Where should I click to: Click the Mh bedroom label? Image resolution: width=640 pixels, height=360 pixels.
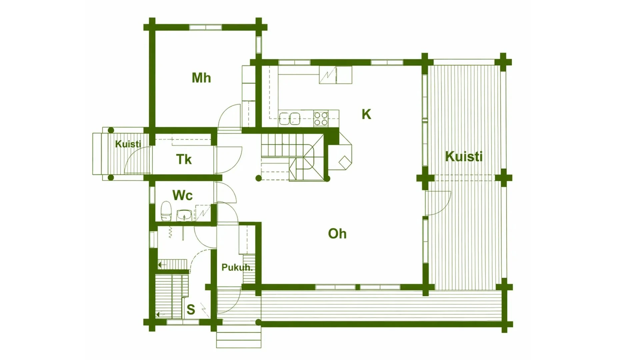pos(201,78)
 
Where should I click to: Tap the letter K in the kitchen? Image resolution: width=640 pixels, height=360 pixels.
pos(366,114)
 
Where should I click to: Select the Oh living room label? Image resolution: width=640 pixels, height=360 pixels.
pos(337,234)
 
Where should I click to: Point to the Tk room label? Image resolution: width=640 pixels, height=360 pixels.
pos(184,159)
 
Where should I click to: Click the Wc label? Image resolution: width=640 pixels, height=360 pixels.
pos(182,195)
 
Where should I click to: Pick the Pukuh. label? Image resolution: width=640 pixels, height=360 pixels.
pos(237,267)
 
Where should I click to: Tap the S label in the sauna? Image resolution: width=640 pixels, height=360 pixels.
pos(191,310)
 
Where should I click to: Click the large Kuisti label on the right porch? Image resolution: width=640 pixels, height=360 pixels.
pos(464,156)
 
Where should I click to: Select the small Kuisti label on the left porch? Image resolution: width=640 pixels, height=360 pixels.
pos(128,144)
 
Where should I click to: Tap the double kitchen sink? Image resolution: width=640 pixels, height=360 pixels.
pos(289,118)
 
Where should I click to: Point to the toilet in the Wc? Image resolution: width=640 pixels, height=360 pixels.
pos(166,211)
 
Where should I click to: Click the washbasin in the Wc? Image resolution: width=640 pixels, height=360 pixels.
pos(184,215)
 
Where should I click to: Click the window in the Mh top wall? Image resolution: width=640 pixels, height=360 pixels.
pos(205,27)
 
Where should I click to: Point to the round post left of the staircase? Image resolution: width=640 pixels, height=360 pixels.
pos(258,178)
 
